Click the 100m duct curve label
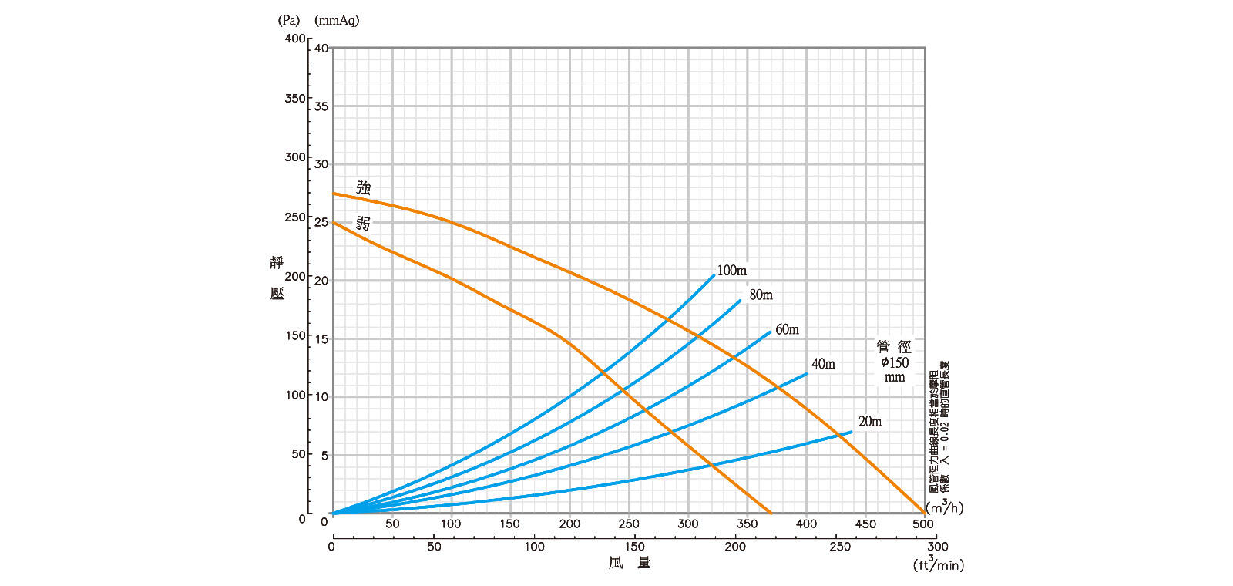[x=731, y=271]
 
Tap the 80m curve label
[x=761, y=295]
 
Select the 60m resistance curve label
[x=787, y=329]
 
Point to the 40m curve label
[x=823, y=364]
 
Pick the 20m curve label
[x=870, y=421]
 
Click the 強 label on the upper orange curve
[x=364, y=187]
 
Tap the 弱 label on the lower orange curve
[x=363, y=224]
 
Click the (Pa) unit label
[x=289, y=21]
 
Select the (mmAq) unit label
[x=337, y=21]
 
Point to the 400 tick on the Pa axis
[x=294, y=39]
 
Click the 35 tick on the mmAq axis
[x=321, y=106]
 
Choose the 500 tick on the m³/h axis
[x=923, y=524]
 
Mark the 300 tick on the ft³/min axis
[x=937, y=547]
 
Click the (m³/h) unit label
[x=944, y=507]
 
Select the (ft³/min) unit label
[x=938, y=564]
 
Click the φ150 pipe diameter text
[x=895, y=362]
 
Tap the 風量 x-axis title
[x=630, y=563]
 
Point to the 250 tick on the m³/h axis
[x=629, y=524]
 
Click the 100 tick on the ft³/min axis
[x=534, y=547]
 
